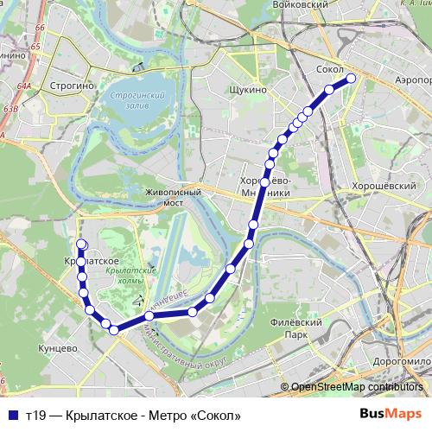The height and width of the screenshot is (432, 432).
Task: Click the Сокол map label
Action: [331, 69]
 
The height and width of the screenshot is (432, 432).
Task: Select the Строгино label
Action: [60, 87]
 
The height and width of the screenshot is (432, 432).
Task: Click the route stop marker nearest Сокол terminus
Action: [352, 79]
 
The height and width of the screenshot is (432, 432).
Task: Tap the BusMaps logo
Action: [391, 414]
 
